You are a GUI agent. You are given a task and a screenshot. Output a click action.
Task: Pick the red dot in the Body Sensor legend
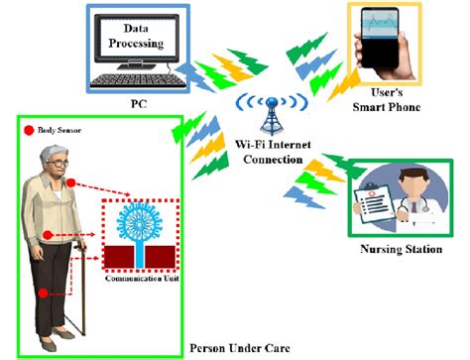click(x=29, y=129)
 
